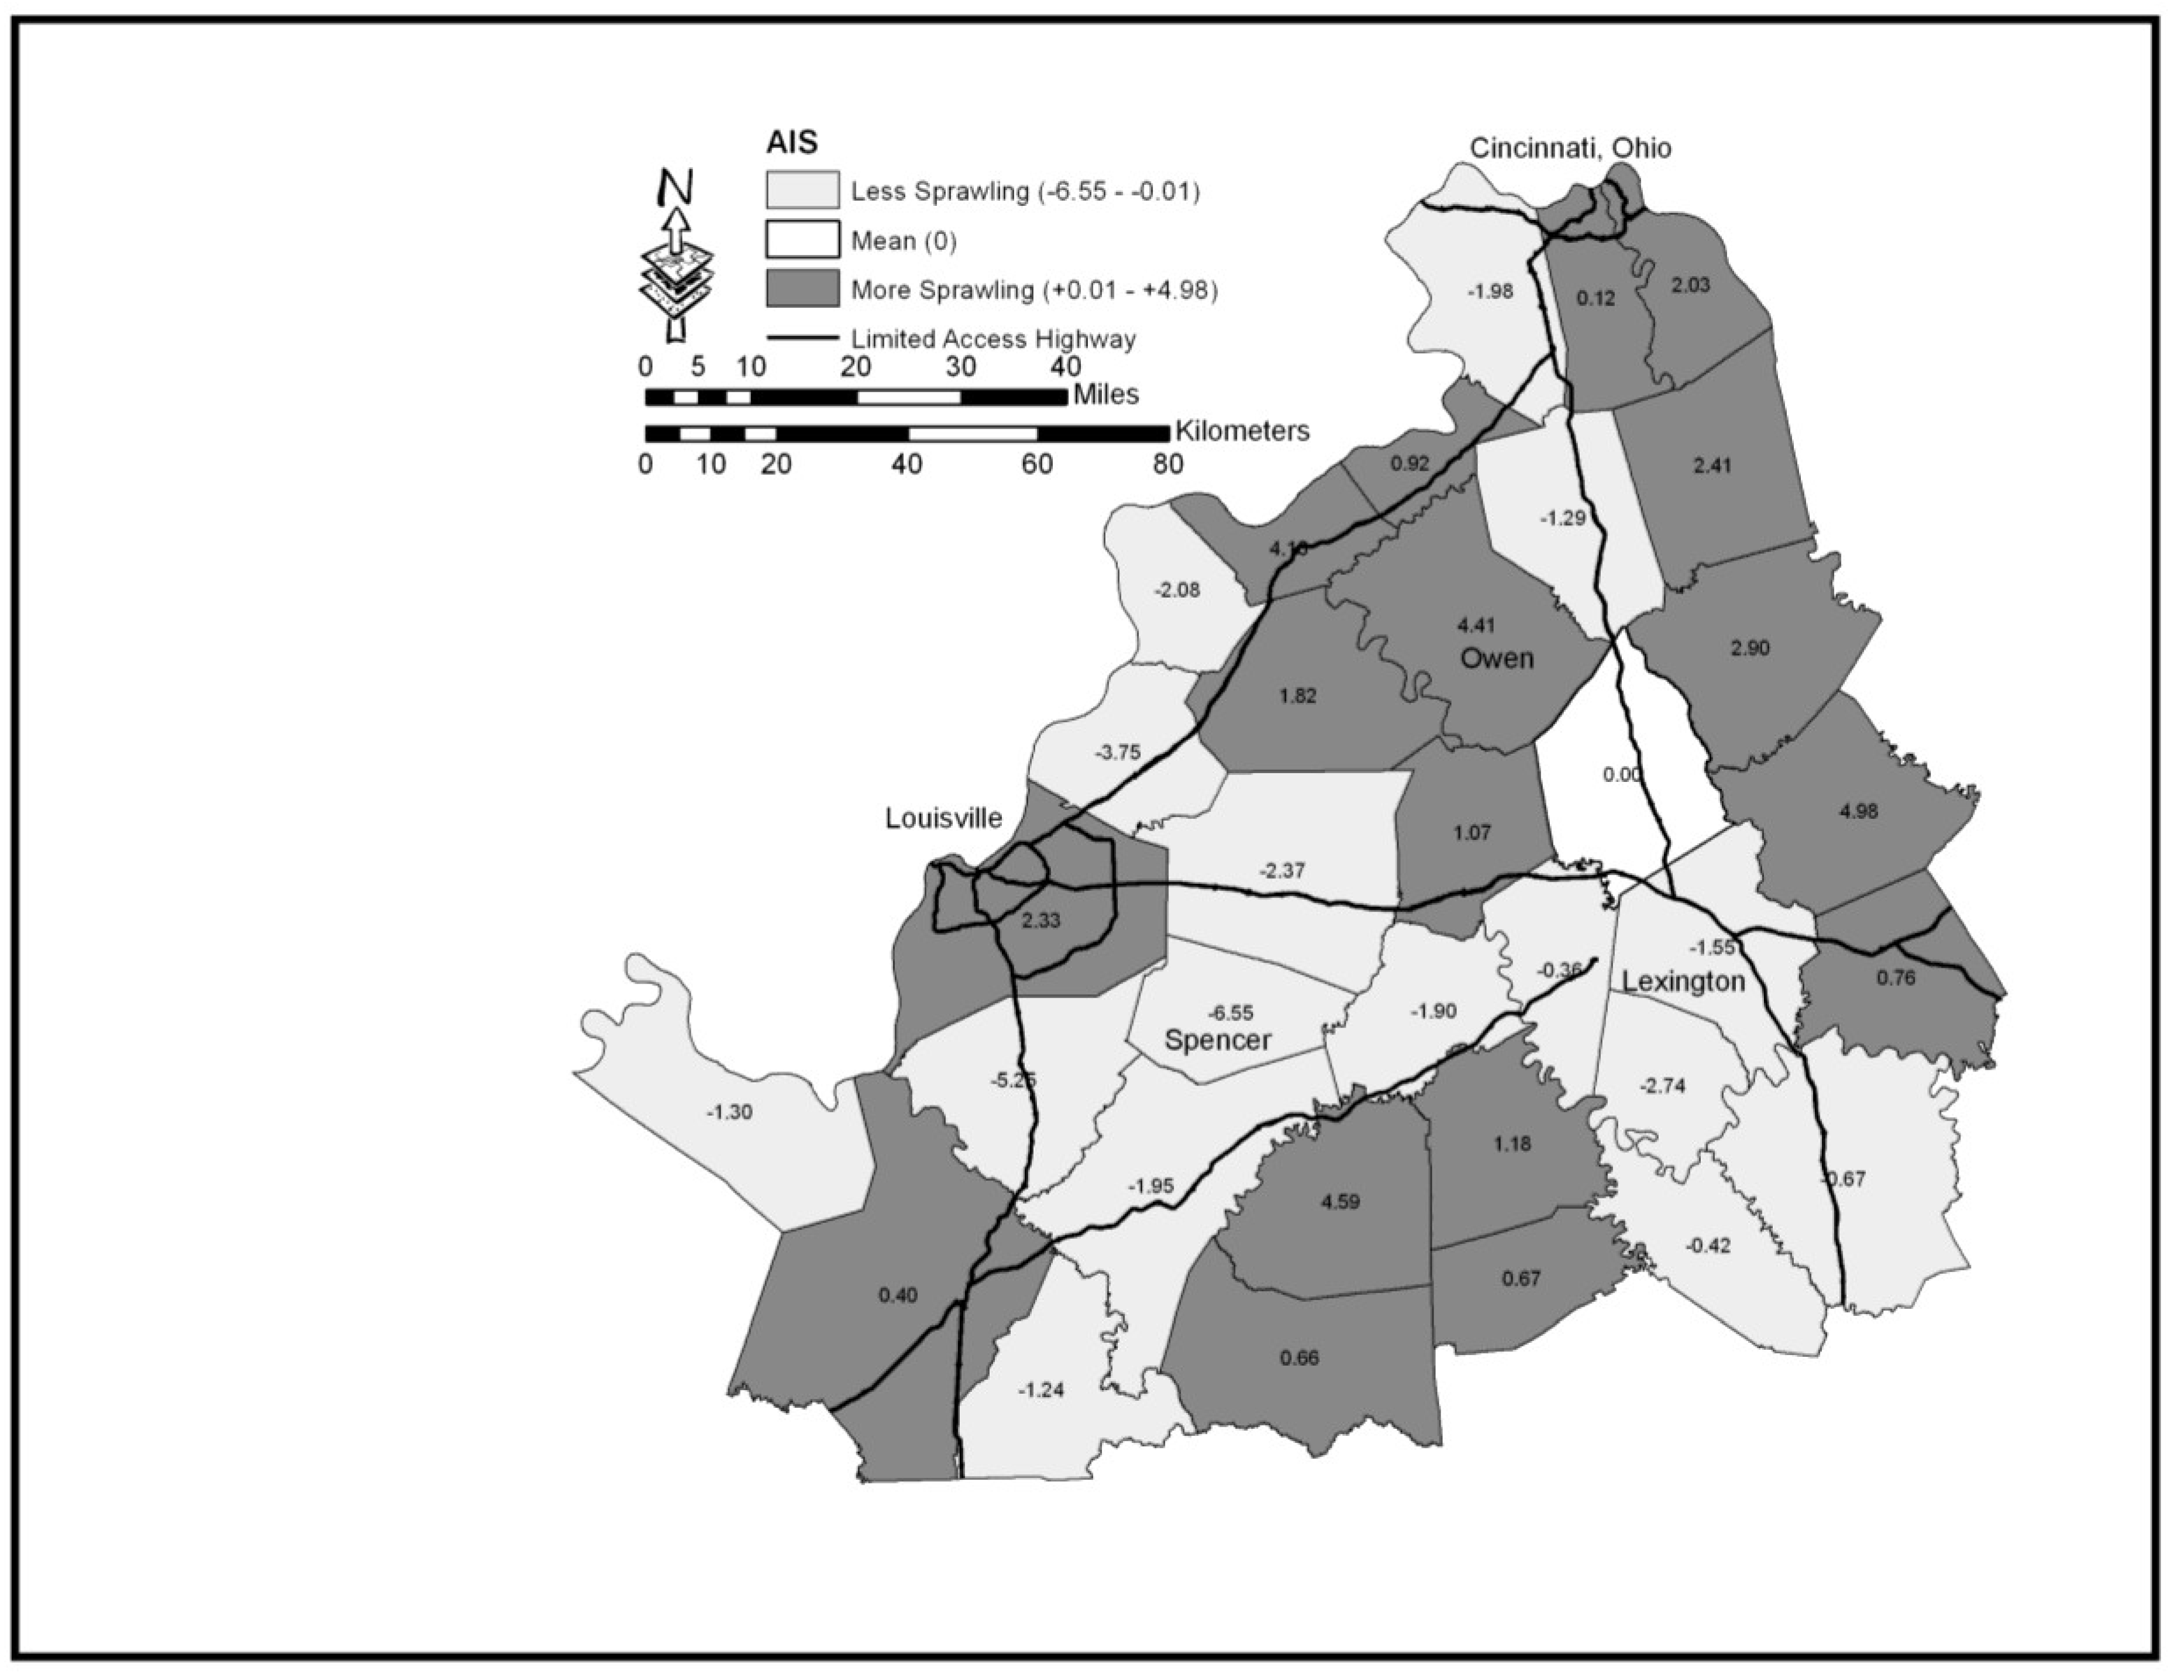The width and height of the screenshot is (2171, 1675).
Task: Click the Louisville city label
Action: [x=943, y=818]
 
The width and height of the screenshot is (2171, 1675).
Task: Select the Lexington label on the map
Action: [x=1683, y=982]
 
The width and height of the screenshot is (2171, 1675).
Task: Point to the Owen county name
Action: [x=1496, y=658]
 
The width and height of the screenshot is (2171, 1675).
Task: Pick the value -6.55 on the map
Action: [x=1229, y=1013]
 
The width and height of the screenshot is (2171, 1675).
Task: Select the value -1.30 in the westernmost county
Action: [x=729, y=1112]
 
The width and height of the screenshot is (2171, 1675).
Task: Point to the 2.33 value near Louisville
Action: [x=1041, y=921]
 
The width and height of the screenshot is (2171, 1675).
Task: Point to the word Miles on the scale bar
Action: [x=1105, y=395]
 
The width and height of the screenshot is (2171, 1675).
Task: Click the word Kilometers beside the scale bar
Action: [x=1242, y=432]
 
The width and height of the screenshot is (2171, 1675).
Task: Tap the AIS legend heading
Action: [x=791, y=143]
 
